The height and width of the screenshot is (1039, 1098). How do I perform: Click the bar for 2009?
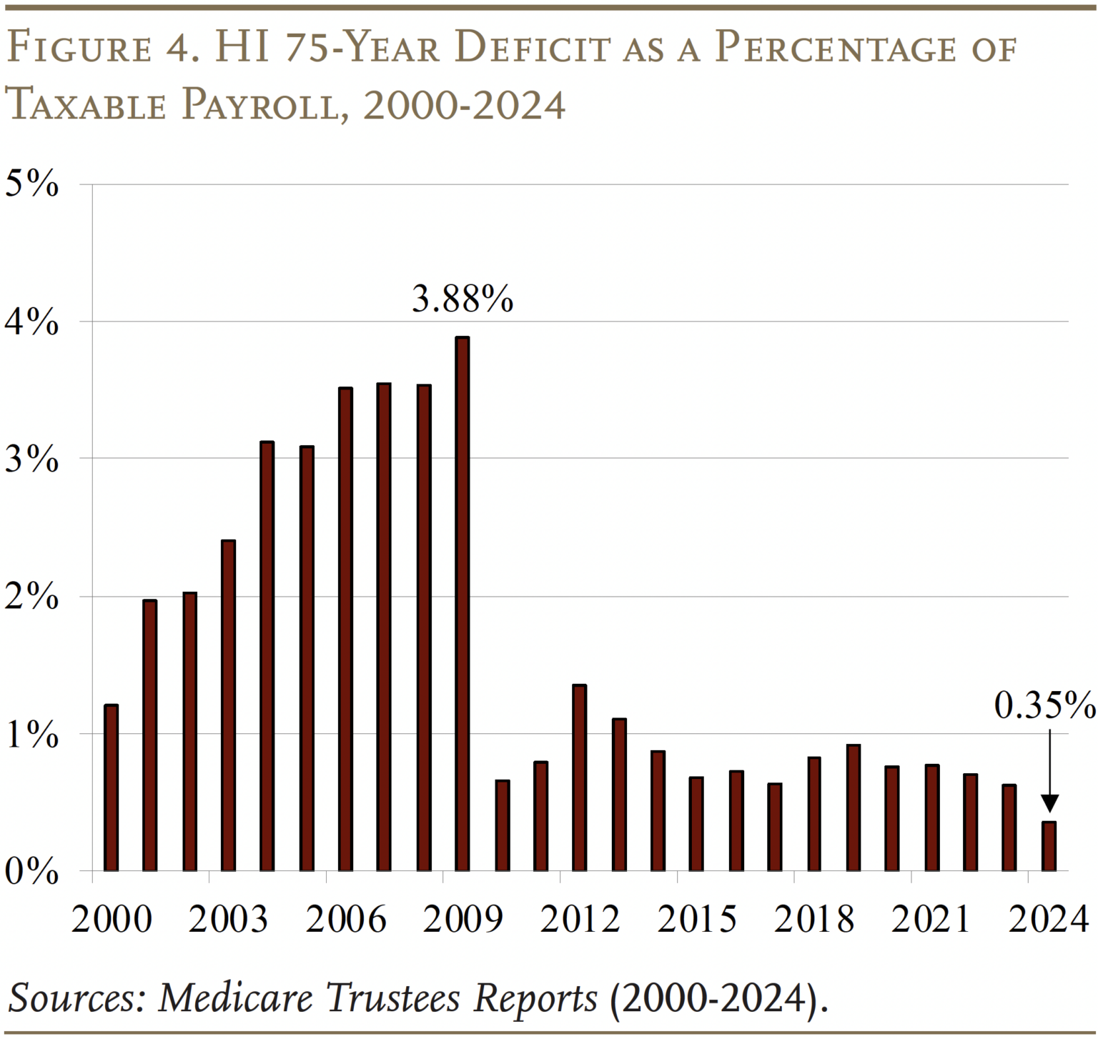(463, 604)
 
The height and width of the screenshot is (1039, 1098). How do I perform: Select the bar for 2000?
(111, 787)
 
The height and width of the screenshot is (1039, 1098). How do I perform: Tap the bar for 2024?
(1049, 846)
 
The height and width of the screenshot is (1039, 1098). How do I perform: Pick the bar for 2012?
(580, 777)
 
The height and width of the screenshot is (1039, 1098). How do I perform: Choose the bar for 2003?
(228, 705)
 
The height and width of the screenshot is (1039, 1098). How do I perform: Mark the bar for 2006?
(345, 629)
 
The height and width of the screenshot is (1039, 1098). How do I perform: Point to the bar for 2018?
(814, 814)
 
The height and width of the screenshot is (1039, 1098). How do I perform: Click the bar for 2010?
(502, 825)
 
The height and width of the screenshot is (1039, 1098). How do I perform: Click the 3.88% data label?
(463, 299)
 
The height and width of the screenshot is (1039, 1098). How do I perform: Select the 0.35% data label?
(1044, 705)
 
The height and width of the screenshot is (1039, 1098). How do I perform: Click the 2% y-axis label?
(31, 596)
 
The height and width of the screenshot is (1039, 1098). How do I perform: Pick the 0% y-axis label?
(31, 871)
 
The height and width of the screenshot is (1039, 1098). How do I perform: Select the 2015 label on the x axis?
(696, 919)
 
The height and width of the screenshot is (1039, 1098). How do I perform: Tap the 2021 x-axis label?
(931, 919)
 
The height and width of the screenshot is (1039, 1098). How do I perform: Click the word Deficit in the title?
(532, 49)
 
